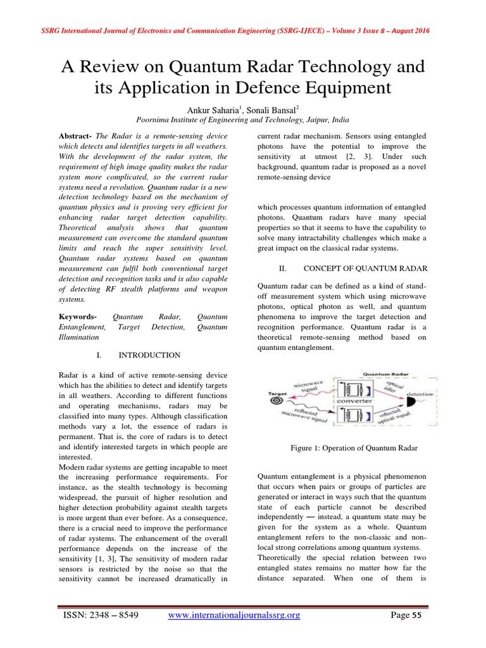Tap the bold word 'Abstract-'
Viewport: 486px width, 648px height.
coord(75,137)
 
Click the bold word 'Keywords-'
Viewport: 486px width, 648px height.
coord(77,315)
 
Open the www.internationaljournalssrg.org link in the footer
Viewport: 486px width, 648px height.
coord(233,615)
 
